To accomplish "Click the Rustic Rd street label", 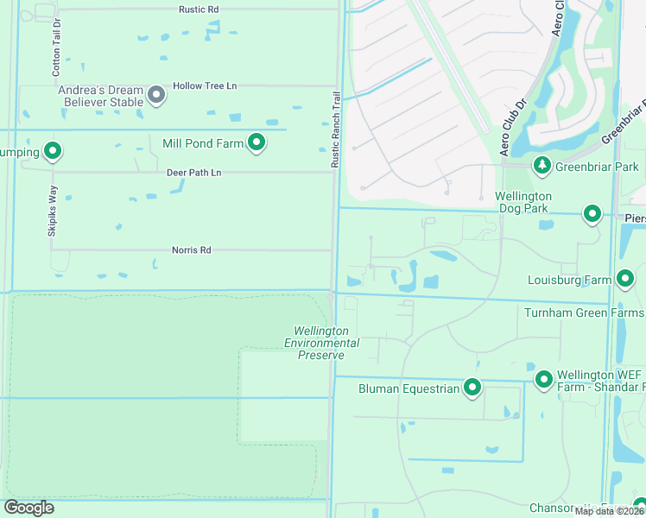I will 199,9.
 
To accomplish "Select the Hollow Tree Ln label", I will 205,86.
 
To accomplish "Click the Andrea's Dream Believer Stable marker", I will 156,95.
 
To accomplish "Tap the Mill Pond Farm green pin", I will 256,142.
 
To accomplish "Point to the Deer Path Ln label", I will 193,173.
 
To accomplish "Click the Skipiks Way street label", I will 53,211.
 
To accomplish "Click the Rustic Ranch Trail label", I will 336,130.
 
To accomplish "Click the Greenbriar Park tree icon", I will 541,165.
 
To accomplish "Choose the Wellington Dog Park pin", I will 592,213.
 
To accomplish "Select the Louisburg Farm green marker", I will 626,279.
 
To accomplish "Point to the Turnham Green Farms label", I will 584,312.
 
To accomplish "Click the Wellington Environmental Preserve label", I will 321,343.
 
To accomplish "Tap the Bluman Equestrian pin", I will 472,388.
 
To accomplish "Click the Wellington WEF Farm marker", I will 544,380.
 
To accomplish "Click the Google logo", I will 28,508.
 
